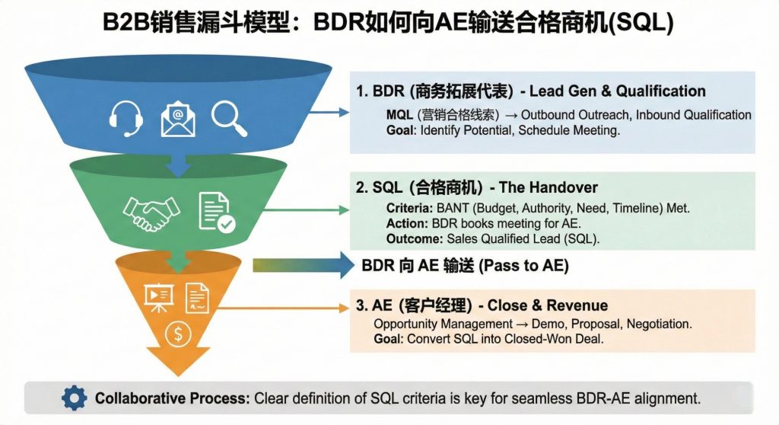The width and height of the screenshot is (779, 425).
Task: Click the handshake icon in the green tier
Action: [x=152, y=213]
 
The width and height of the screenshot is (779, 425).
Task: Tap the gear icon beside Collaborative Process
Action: [x=74, y=398]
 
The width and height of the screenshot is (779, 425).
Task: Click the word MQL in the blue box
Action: [x=399, y=115]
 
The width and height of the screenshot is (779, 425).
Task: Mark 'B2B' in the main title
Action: [x=126, y=23]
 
